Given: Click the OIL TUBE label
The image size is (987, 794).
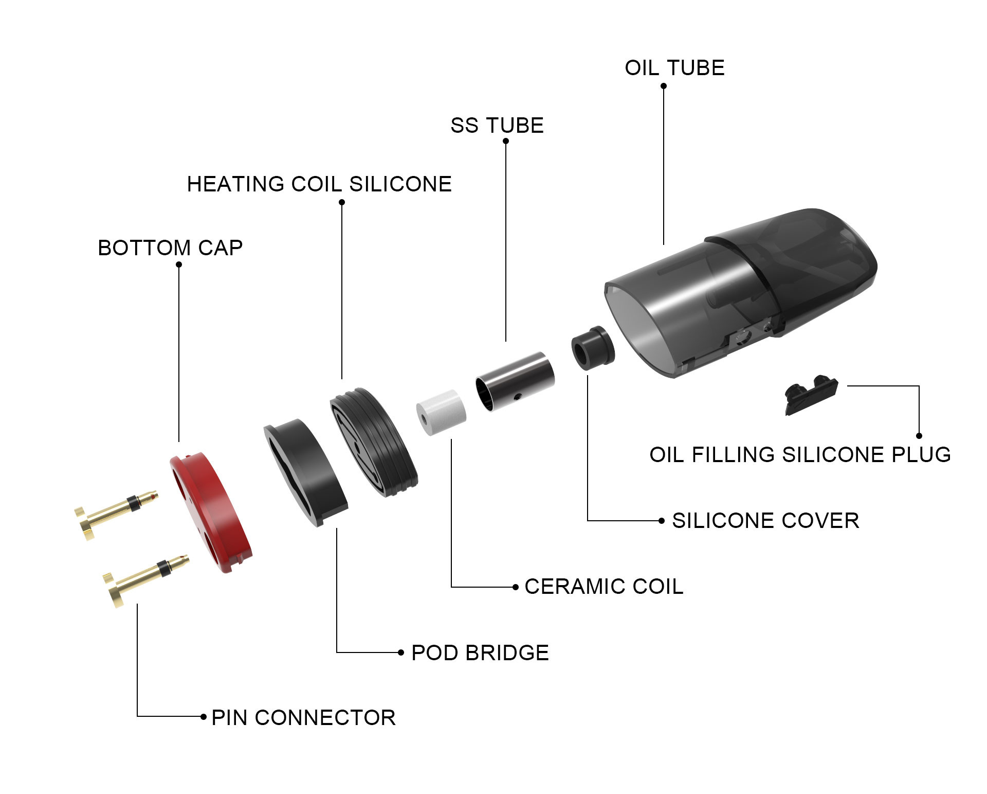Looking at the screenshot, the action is (674, 68).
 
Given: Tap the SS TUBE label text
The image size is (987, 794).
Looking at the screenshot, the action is (497, 126).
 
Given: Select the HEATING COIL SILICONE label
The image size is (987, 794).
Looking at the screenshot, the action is (319, 184).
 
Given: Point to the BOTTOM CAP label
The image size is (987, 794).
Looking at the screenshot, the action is (170, 248).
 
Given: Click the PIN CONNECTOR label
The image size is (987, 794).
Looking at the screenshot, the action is (304, 718).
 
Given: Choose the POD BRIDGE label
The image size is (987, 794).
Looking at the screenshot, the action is (480, 653).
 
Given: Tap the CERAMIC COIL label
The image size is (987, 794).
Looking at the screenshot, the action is (604, 587).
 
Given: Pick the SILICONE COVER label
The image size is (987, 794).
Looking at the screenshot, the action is (765, 521).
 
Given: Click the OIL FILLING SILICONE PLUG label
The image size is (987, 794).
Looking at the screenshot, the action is (800, 455).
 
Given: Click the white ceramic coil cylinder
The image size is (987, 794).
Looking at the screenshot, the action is (441, 412).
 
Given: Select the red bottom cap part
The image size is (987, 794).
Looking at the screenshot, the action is (211, 514).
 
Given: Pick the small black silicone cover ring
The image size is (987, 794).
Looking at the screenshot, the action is (594, 347).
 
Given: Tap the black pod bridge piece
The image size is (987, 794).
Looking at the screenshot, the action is (305, 472).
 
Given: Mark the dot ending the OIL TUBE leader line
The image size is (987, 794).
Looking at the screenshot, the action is (664, 86).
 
